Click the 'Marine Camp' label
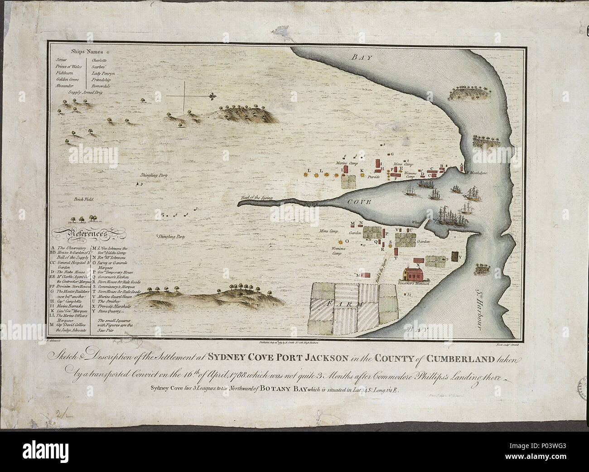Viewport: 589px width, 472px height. coord(347,163)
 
